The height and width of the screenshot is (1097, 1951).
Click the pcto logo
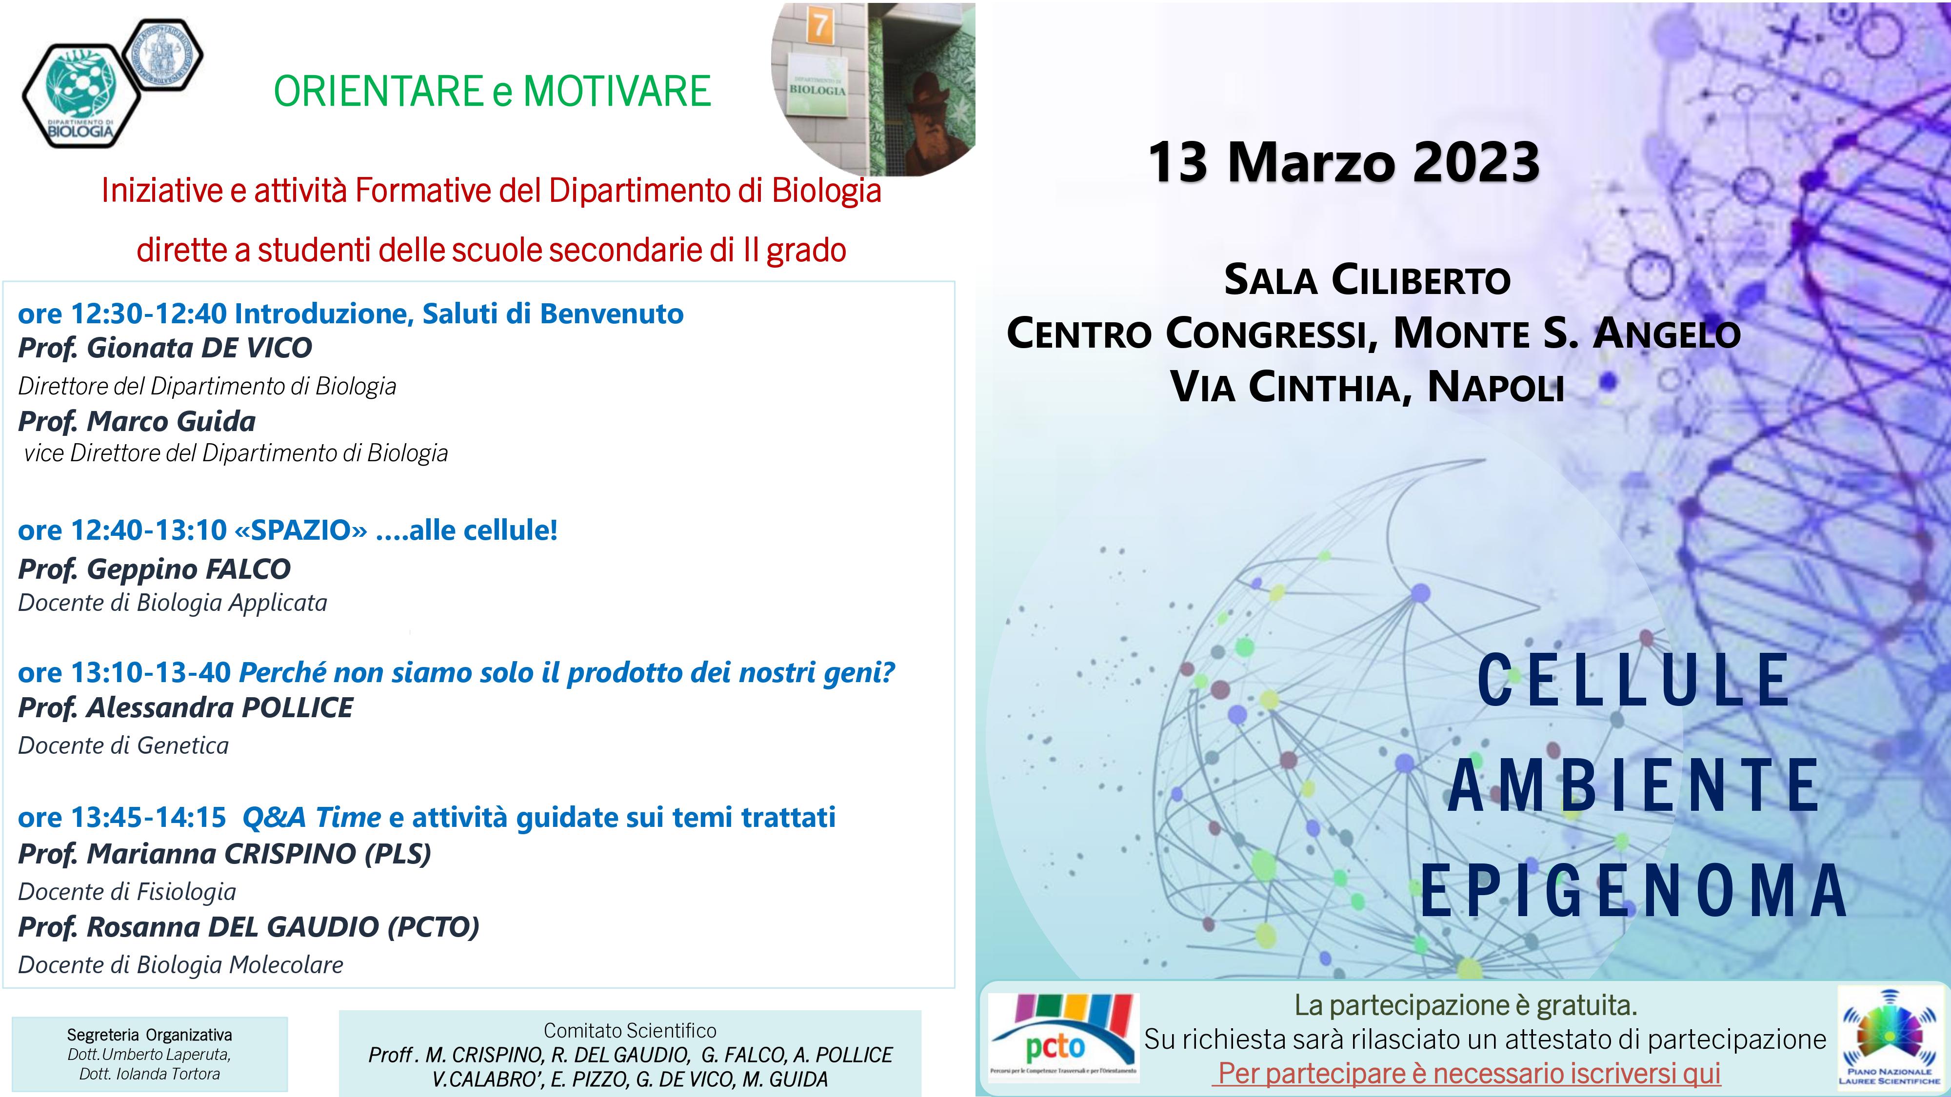click(1063, 1037)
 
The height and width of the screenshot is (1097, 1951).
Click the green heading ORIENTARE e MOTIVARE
click(492, 92)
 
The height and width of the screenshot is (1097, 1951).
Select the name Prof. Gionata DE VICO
click(165, 348)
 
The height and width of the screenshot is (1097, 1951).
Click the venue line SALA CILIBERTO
click(1368, 280)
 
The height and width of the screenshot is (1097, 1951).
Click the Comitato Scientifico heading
click(630, 1030)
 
